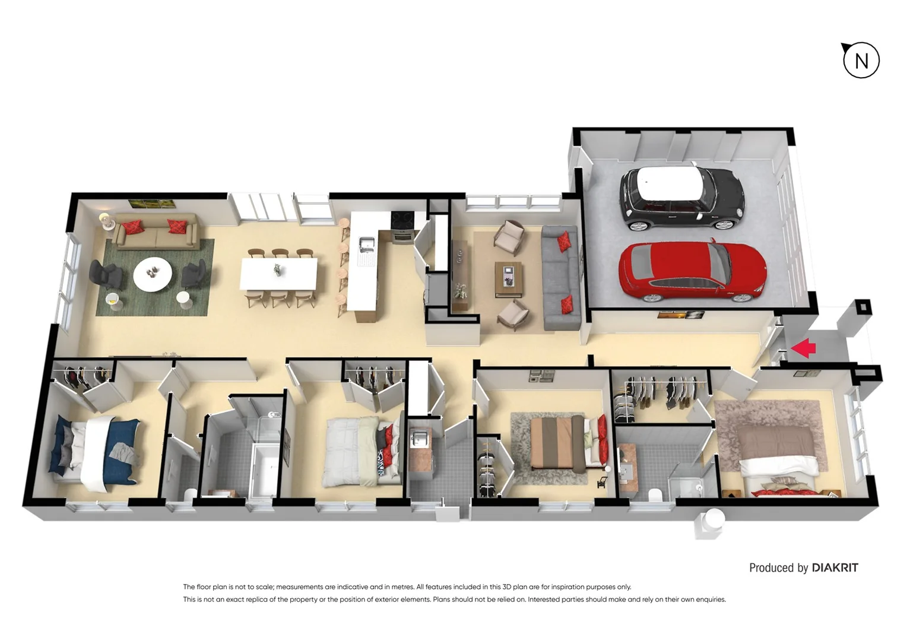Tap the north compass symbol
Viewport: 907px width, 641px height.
(861, 60)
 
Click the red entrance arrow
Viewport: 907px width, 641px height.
(803, 348)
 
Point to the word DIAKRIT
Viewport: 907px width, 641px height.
(835, 568)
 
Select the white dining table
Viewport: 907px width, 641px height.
(278, 274)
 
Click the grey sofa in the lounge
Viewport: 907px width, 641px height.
(559, 277)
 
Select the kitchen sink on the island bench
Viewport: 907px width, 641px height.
(367, 244)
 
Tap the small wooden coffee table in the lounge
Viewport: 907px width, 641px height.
(508, 278)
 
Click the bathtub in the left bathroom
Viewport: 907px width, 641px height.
(264, 469)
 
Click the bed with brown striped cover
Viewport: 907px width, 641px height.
(561, 443)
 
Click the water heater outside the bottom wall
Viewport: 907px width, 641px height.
(710, 522)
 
